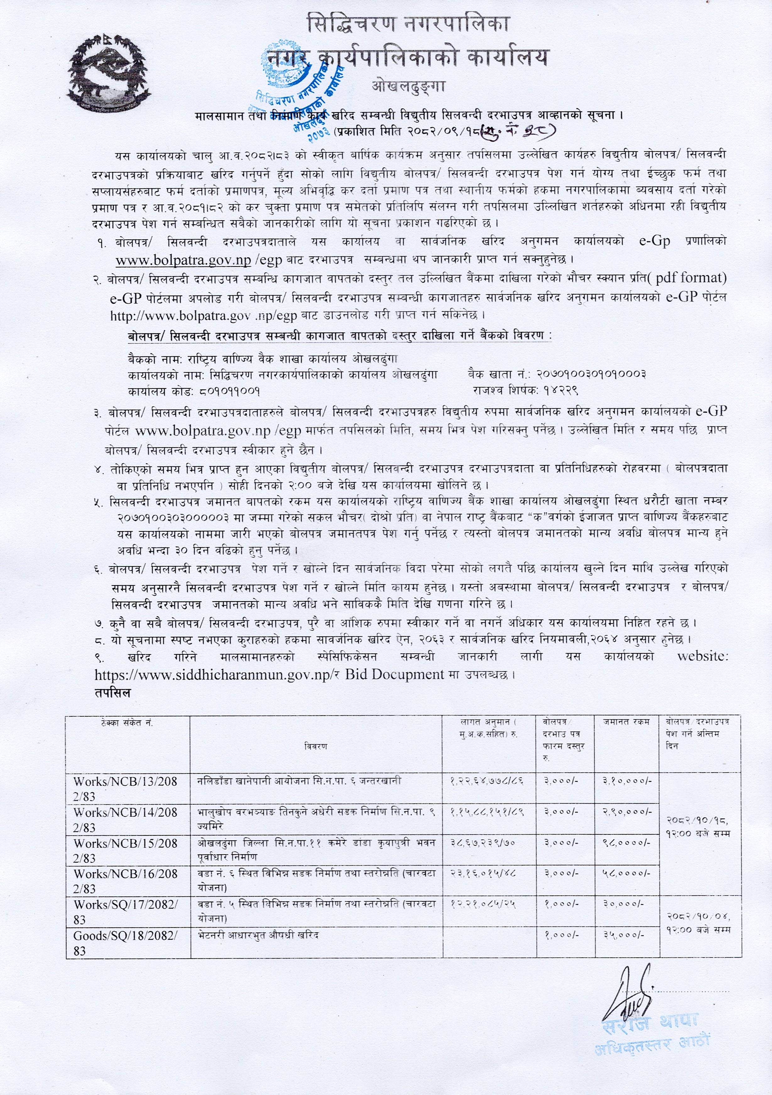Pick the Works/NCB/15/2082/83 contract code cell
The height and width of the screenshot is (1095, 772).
(125, 851)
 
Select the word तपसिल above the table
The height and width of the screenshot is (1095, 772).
(112, 692)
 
